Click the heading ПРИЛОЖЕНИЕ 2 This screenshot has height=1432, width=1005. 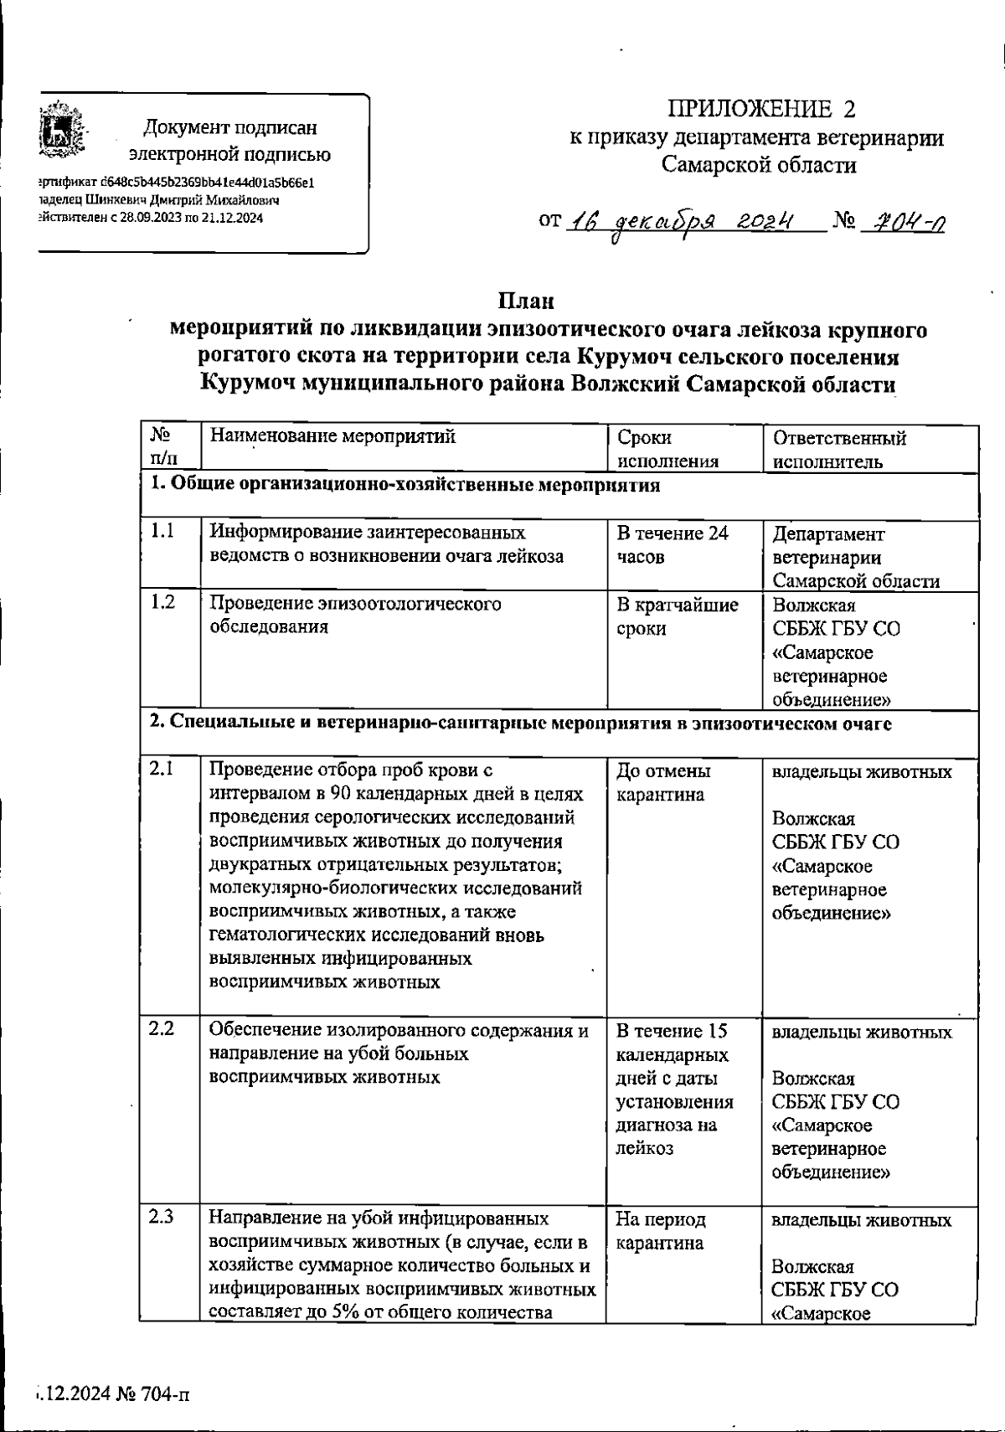click(x=762, y=109)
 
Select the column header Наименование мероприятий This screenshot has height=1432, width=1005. click(x=332, y=436)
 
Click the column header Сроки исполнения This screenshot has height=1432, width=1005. click(x=667, y=449)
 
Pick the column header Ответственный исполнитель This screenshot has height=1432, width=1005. click(x=839, y=449)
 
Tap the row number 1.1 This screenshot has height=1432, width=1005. click(x=162, y=531)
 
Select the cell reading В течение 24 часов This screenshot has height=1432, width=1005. click(x=672, y=544)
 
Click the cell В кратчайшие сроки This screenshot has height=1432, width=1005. click(x=677, y=616)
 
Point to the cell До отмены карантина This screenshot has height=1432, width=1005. click(x=663, y=782)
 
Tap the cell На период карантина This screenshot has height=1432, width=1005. click(x=661, y=1231)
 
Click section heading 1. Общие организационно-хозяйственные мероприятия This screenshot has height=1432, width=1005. click(x=405, y=485)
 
